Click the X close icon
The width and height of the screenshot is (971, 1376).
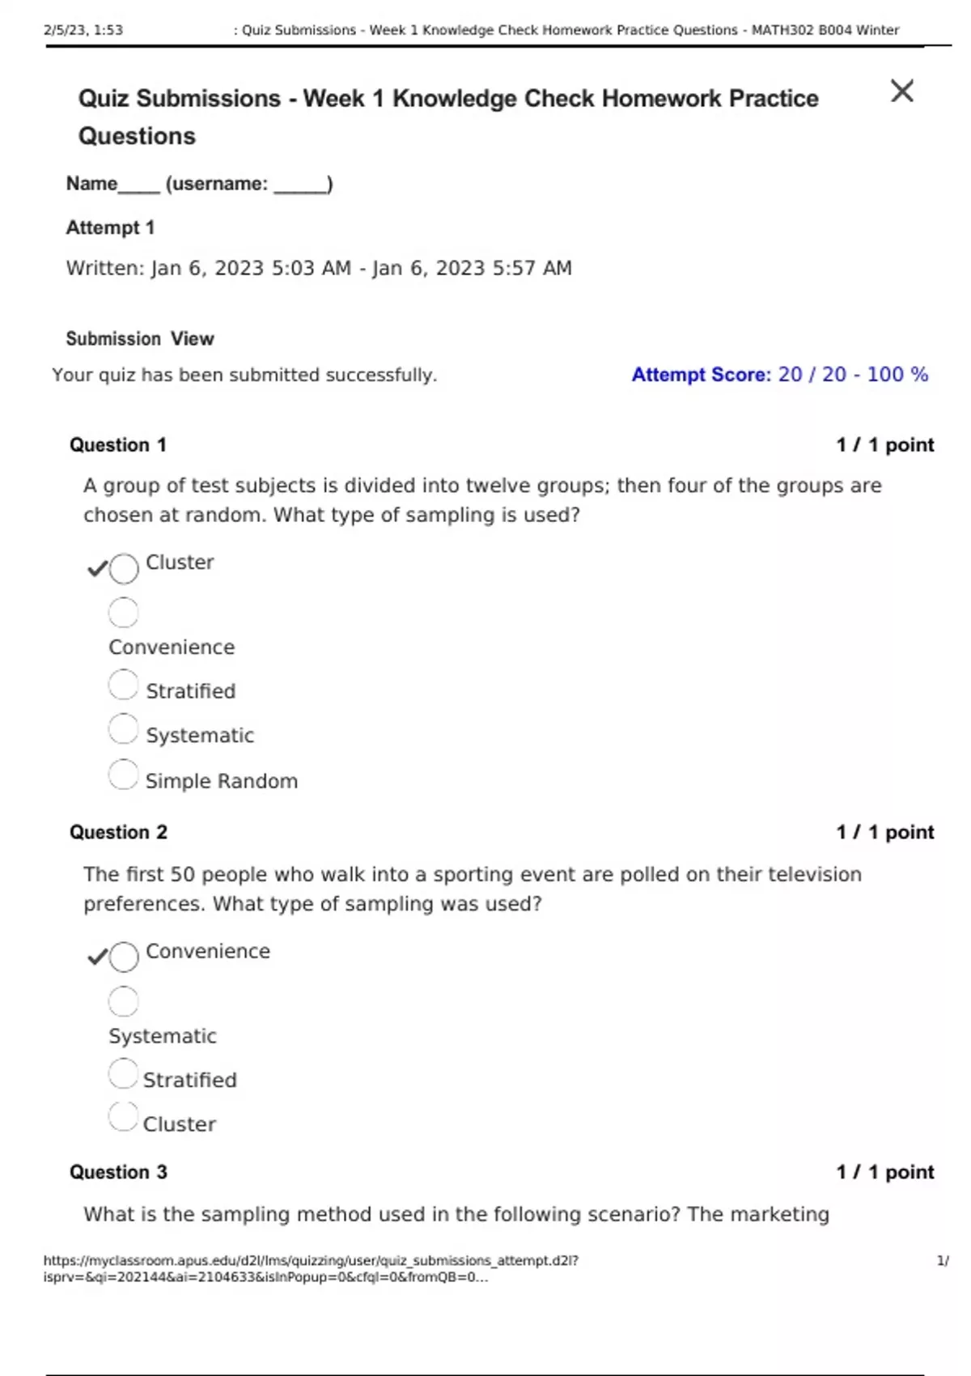click(901, 91)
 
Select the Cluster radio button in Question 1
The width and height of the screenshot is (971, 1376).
click(124, 568)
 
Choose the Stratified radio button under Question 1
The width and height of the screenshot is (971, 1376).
click(123, 685)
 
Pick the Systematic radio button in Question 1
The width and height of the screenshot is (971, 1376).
click(123, 728)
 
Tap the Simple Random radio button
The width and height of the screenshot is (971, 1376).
click(123, 775)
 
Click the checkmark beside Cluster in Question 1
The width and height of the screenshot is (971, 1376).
click(97, 568)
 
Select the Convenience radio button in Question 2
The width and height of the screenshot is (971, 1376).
click(124, 957)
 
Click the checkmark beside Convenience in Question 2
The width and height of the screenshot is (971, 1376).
click(97, 957)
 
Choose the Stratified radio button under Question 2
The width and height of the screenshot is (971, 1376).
click(123, 1074)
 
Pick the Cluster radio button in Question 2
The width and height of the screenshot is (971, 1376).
click(123, 1118)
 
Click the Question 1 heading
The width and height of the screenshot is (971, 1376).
click(118, 445)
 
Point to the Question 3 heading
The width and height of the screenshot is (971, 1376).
click(118, 1172)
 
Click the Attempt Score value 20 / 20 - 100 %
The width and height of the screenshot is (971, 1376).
click(853, 375)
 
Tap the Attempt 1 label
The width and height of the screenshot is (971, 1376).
click(110, 227)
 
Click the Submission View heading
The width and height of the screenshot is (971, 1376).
click(140, 338)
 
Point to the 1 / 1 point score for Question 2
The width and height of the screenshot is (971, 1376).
click(885, 832)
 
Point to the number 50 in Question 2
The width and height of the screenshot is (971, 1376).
click(182, 874)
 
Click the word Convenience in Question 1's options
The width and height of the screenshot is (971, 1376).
click(172, 648)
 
